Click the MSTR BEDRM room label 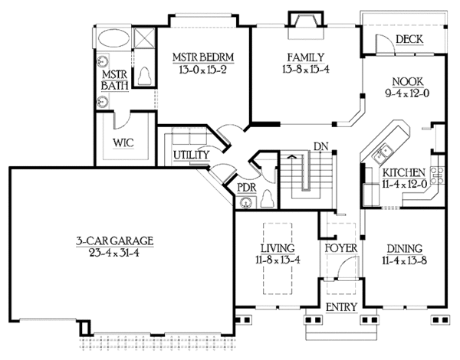(x=202, y=57)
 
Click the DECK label (x=409, y=40)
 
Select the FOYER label (x=337, y=248)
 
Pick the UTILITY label (x=191, y=155)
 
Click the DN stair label (x=320, y=146)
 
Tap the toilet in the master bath (x=146, y=75)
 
